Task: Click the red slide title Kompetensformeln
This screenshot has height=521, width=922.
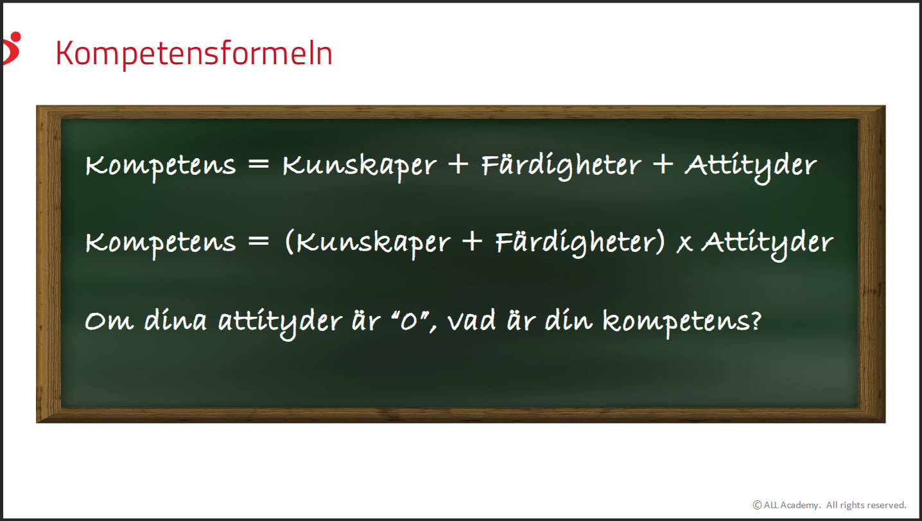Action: click(194, 53)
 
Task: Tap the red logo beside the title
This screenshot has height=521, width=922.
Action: click(12, 48)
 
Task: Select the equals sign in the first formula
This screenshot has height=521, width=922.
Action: click(259, 164)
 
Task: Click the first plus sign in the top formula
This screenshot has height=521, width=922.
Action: click(458, 164)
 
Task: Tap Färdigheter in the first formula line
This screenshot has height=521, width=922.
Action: click(561, 166)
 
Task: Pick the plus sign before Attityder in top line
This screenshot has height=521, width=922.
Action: click(663, 164)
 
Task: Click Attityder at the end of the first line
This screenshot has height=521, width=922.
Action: click(751, 167)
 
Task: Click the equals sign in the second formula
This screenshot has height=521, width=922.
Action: click(259, 242)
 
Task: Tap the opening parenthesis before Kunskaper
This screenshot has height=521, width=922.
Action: click(289, 242)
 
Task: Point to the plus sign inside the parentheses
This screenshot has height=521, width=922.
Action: click(472, 242)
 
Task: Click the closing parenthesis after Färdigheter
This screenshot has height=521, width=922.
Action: click(660, 242)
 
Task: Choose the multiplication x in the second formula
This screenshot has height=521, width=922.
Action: click(684, 244)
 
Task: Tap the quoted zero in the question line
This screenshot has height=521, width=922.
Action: click(410, 321)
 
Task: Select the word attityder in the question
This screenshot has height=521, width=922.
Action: click(280, 323)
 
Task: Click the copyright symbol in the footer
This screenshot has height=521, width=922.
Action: click(757, 505)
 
